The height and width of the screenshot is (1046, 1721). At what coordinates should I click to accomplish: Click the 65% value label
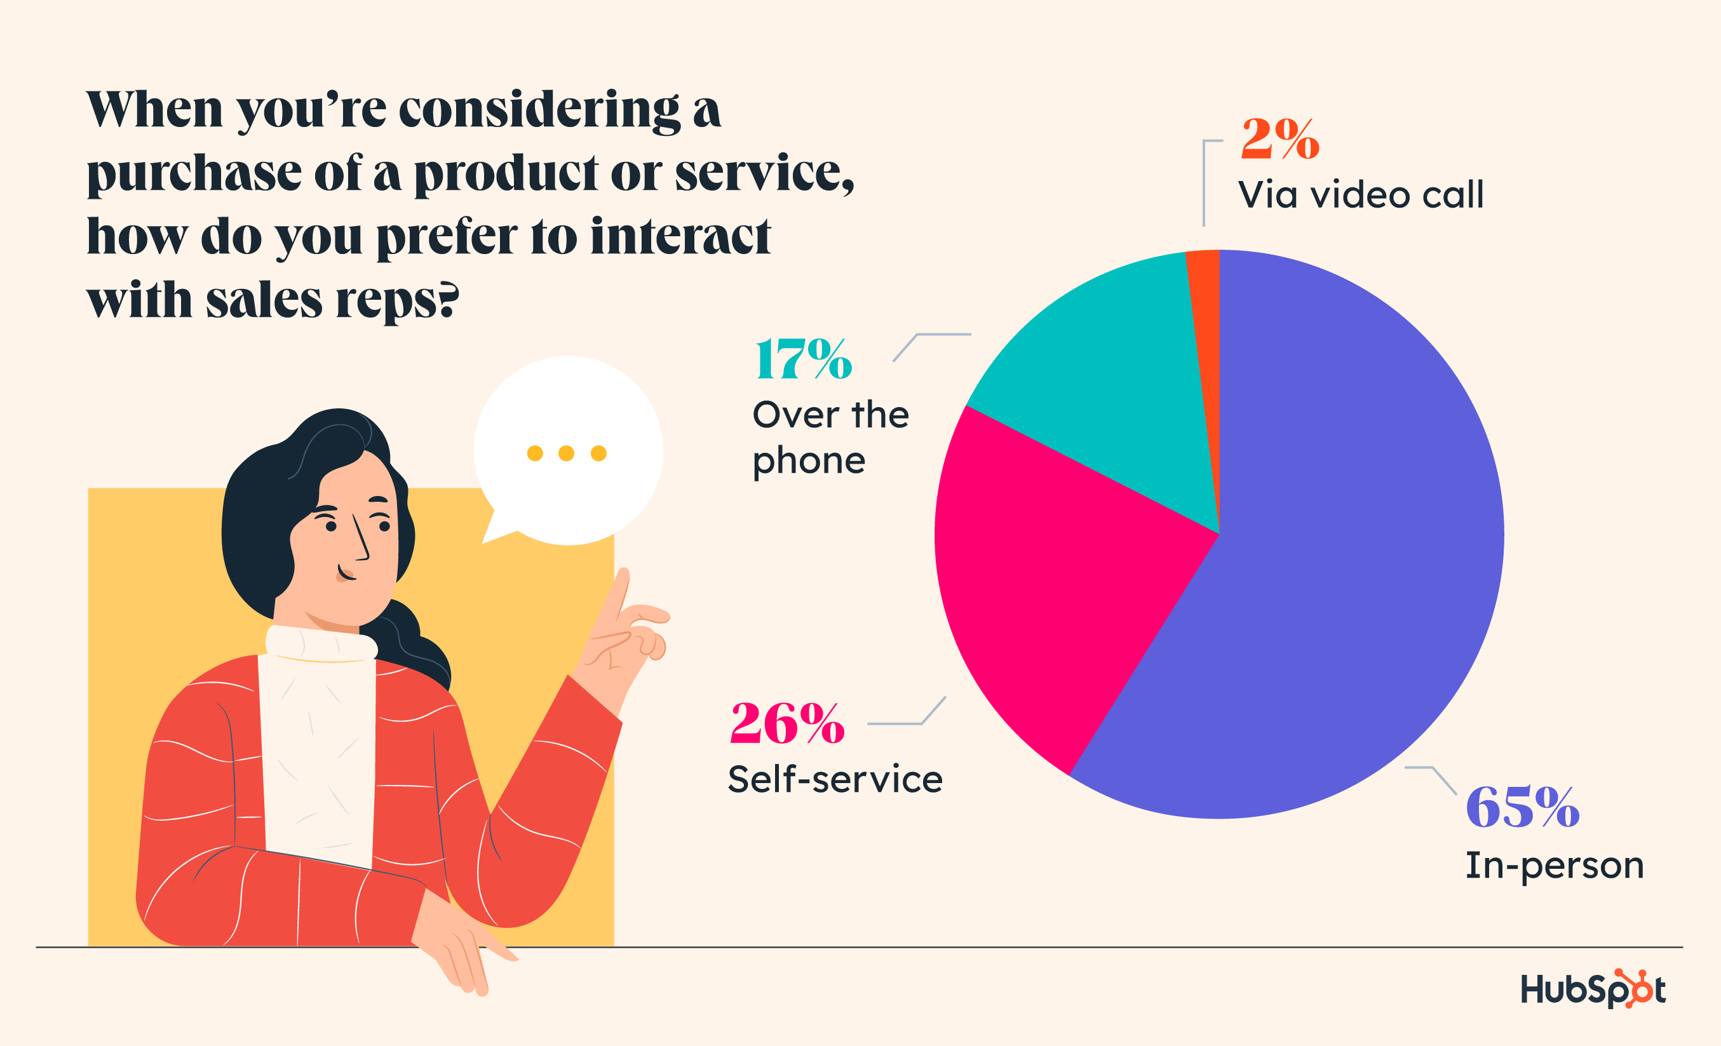point(1523,807)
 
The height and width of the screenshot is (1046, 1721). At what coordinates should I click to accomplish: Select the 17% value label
point(803,359)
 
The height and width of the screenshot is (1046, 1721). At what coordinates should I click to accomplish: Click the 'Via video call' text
point(1360,195)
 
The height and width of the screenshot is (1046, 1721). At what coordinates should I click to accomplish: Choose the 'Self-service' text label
point(835,779)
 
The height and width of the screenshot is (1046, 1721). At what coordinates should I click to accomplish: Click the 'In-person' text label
point(1554,866)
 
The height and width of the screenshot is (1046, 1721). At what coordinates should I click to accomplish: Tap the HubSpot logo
point(1593,989)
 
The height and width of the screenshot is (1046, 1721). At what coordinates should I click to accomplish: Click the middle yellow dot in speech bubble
point(567,453)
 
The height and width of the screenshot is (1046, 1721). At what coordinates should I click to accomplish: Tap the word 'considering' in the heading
point(539,111)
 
